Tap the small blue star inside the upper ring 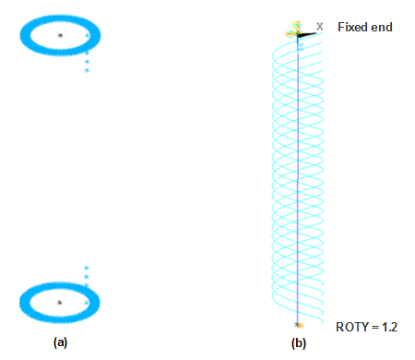tap(87, 36)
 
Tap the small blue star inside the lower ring tap(87, 302)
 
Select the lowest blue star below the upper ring tap(87, 70)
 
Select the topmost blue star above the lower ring tap(87, 268)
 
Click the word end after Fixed tap(383, 27)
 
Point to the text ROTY tap(352, 326)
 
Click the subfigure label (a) tap(61, 342)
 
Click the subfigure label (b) tap(298, 342)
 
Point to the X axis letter tap(320, 26)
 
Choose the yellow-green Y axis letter tap(296, 25)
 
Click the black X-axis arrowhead tap(311, 34)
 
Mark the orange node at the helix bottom tap(298, 325)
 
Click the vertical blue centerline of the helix tap(298, 185)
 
